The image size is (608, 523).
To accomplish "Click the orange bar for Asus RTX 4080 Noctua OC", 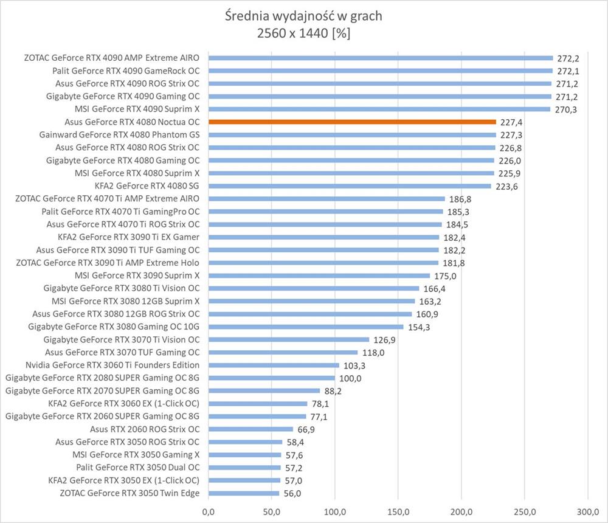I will point(353,122).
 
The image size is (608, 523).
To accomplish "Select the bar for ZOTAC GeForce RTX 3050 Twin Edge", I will point(244,493).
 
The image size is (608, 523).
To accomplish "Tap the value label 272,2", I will point(568,58).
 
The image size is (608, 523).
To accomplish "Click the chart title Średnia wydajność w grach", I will point(303,16).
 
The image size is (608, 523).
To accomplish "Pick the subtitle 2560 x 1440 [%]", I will point(303,35).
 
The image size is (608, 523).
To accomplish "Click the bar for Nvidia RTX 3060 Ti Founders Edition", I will point(274,365).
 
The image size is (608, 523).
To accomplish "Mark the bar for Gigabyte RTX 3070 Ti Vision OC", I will point(289,339).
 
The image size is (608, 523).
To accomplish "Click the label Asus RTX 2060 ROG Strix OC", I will point(145,429).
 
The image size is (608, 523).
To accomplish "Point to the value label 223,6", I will point(506,186).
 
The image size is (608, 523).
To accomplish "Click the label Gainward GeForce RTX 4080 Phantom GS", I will point(119,134).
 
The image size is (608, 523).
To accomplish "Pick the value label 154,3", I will point(418,327).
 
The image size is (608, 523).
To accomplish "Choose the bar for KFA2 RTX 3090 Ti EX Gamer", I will point(323,237).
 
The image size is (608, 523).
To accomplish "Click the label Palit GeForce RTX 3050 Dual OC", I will point(138,468).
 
